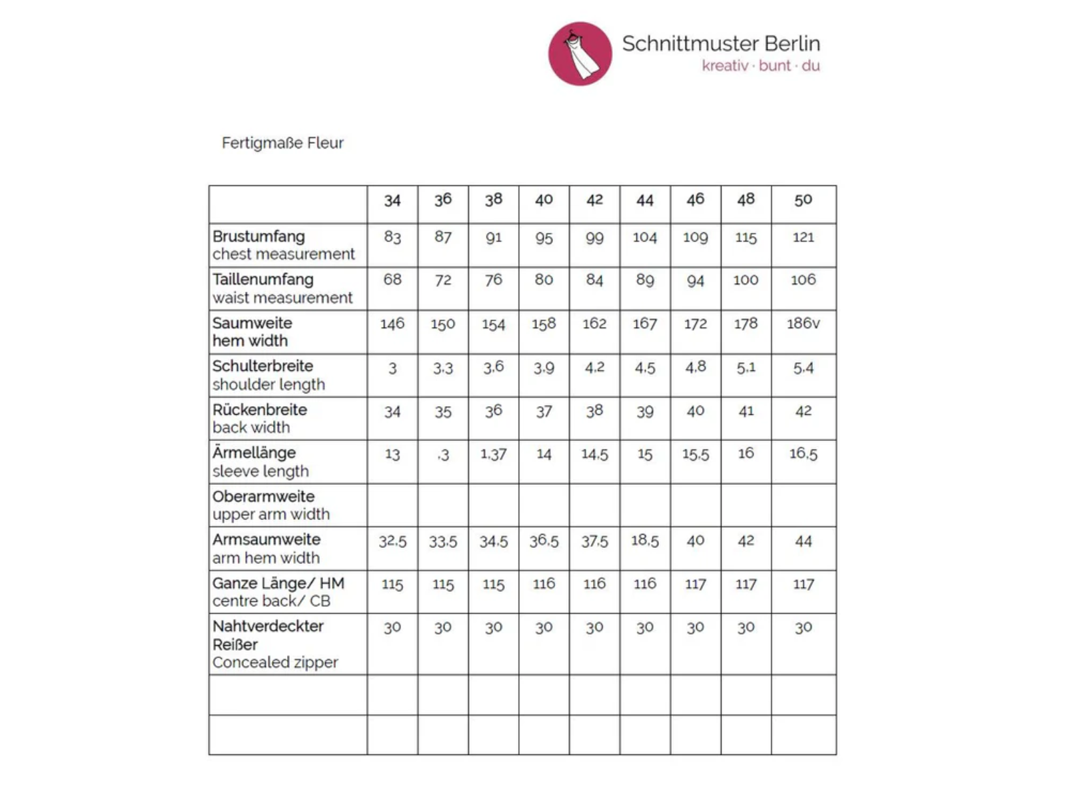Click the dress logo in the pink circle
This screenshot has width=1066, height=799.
click(580, 53)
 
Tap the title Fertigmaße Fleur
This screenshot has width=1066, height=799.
click(282, 143)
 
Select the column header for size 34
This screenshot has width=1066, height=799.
click(392, 200)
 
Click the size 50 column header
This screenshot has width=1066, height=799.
click(803, 200)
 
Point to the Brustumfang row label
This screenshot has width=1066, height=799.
click(259, 236)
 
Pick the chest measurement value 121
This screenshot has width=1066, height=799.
click(803, 237)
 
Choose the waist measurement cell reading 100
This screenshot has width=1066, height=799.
click(746, 280)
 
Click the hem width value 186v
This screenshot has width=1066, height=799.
click(803, 324)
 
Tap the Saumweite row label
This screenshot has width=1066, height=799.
click(252, 323)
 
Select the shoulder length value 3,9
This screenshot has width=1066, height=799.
click(544, 368)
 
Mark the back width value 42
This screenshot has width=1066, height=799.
click(803, 411)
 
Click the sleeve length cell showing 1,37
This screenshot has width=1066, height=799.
click(493, 454)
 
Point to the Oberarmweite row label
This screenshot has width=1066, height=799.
click(263, 496)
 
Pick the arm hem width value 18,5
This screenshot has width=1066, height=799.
click(644, 540)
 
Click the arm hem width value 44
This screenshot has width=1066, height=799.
click(803, 541)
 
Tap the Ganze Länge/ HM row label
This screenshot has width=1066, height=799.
click(278, 583)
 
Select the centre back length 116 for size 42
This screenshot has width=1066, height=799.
click(594, 584)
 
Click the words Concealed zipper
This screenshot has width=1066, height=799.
click(275, 663)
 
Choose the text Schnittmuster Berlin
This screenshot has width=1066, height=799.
click(721, 44)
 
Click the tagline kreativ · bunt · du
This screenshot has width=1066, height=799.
click(761, 66)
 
